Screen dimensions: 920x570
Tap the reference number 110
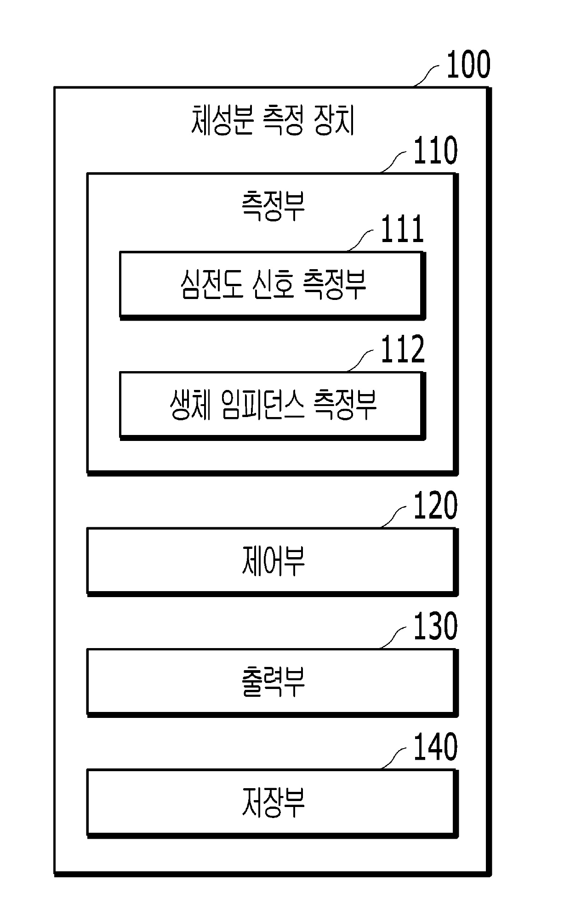pos(435,151)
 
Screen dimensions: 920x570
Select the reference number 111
pos(402,230)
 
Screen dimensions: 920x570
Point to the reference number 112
pos(402,350)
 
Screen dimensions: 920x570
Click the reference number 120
pos(435,506)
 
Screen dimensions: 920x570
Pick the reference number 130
pos(435,627)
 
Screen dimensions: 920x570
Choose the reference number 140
pos(435,747)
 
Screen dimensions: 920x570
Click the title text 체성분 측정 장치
pos(273,120)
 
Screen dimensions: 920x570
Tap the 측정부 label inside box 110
pos(273,206)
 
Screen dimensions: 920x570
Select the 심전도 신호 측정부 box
pos(271,284)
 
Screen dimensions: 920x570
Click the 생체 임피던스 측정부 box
pos(271,405)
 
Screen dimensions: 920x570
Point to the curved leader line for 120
pos(394,517)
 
